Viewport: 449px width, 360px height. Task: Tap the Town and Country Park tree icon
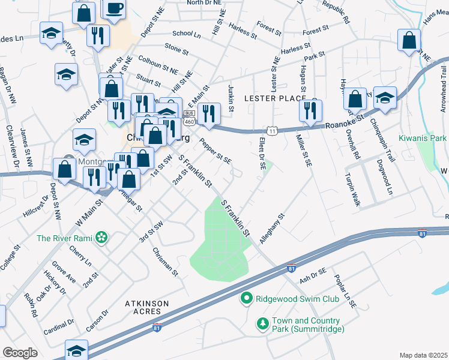[262, 325]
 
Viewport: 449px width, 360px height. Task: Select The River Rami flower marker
[101, 238]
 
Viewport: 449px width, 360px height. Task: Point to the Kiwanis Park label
[423, 138]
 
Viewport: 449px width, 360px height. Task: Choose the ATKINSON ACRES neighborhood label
[143, 308]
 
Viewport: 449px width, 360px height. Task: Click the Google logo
[20, 353]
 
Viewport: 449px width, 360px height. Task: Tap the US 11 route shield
[273, 131]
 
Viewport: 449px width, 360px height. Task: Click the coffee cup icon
[113, 8]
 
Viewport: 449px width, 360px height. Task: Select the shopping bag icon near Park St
[409, 41]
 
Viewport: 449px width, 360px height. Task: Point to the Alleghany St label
[272, 228]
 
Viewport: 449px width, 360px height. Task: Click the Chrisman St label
[166, 262]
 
